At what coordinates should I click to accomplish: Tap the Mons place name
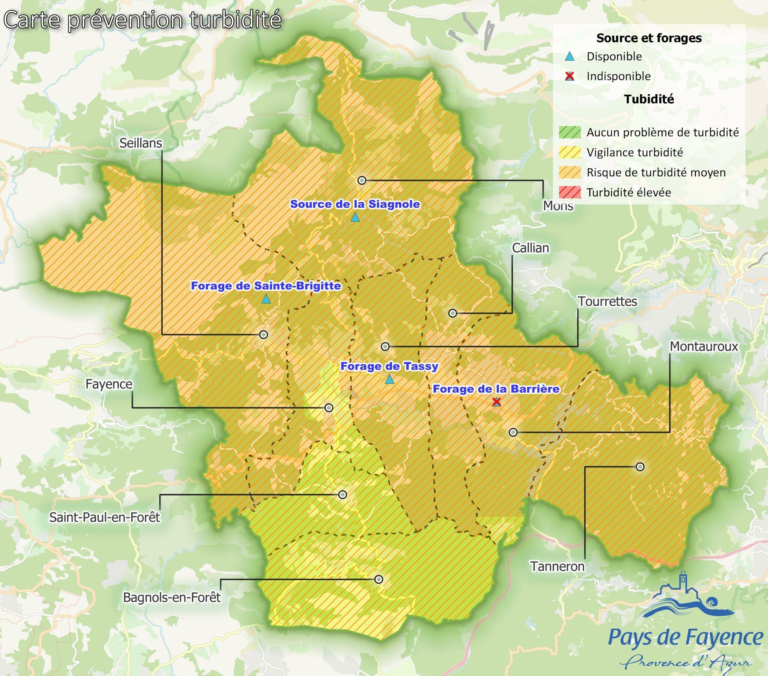coord(558,206)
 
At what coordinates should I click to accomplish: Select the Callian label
coord(530,248)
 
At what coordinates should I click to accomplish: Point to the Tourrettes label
coord(607,301)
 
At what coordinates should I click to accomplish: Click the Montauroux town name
coord(704,347)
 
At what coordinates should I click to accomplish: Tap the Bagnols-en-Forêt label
coord(172,597)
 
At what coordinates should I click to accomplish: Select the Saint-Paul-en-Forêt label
coord(104,518)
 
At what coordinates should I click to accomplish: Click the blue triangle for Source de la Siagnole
coord(355,218)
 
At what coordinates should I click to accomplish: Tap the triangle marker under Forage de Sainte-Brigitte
coord(266,299)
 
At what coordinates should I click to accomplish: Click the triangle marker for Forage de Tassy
coord(390,380)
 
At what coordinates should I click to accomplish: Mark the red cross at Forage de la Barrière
coord(496,402)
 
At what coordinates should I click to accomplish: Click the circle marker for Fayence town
coord(329,408)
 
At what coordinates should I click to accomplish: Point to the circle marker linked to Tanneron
coord(640,467)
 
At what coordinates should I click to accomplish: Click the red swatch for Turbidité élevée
coord(570,192)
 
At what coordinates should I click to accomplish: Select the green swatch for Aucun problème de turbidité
coord(570,132)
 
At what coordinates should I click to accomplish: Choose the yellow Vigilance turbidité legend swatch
coord(570,152)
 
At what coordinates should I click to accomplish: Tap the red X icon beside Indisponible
coord(570,76)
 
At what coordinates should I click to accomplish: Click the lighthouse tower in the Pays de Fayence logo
coord(683,582)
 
